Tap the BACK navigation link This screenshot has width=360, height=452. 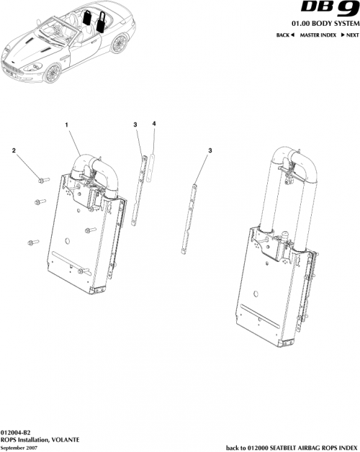click(286, 35)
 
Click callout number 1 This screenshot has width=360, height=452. click(67, 125)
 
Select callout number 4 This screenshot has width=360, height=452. click(154, 125)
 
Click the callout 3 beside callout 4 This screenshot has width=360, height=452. click(135, 125)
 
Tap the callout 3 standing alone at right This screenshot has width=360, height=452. click(210, 150)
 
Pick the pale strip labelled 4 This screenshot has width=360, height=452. click(151, 166)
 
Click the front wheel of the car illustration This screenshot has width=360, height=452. click(53, 74)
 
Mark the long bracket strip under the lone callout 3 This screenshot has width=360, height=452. click(189, 216)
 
